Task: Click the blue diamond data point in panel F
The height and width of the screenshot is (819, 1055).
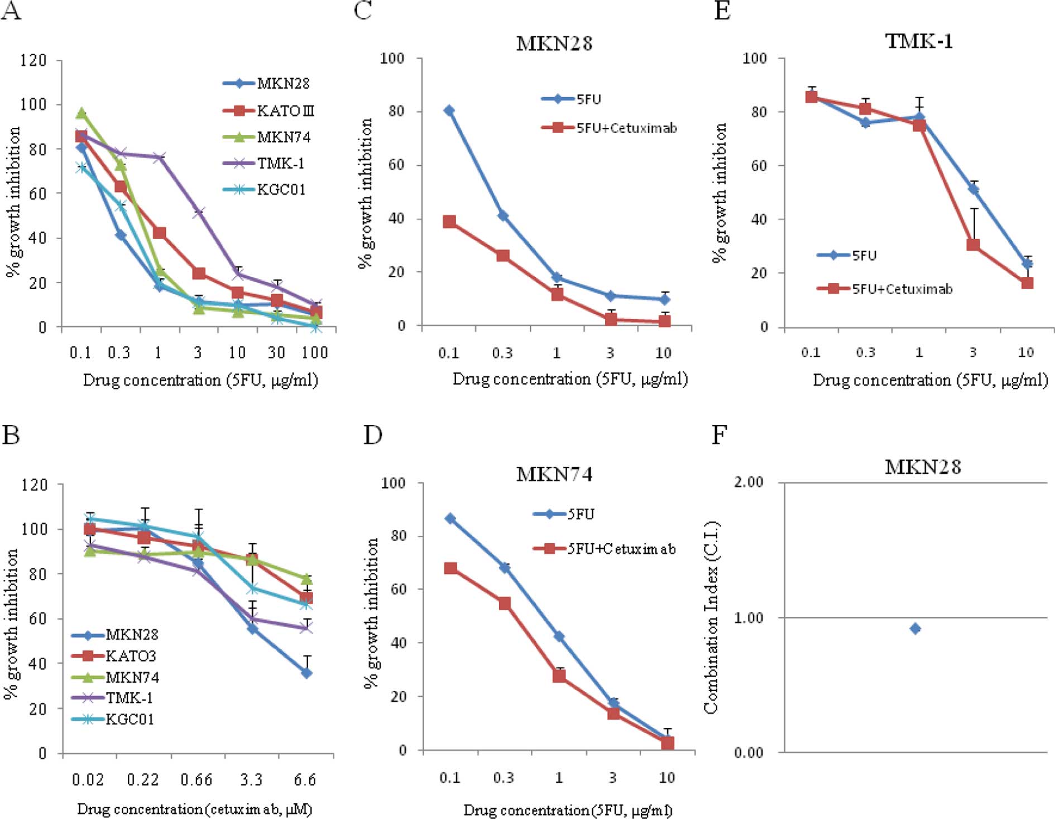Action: pyautogui.click(x=915, y=629)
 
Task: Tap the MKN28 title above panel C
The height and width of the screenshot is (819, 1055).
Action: pyautogui.click(x=554, y=44)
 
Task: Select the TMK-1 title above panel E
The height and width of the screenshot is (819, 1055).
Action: pyautogui.click(x=919, y=41)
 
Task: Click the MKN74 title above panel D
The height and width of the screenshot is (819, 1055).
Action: pyautogui.click(x=554, y=474)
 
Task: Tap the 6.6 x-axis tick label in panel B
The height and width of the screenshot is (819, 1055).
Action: pyautogui.click(x=305, y=779)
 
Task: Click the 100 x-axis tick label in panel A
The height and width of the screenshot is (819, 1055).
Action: pyautogui.click(x=315, y=352)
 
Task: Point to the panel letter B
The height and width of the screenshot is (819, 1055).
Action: pyautogui.click(x=11, y=434)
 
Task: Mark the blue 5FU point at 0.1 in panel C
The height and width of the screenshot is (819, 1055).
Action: pyautogui.click(x=449, y=111)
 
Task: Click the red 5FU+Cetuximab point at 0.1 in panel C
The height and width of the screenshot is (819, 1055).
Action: pyautogui.click(x=449, y=222)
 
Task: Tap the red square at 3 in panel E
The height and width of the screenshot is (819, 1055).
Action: pyautogui.click(x=973, y=245)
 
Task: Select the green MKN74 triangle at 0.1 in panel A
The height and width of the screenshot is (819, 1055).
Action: pyautogui.click(x=81, y=113)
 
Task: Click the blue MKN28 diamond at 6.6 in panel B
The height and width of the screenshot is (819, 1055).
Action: pyautogui.click(x=306, y=673)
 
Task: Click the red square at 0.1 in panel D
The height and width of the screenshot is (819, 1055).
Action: pyautogui.click(x=450, y=568)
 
